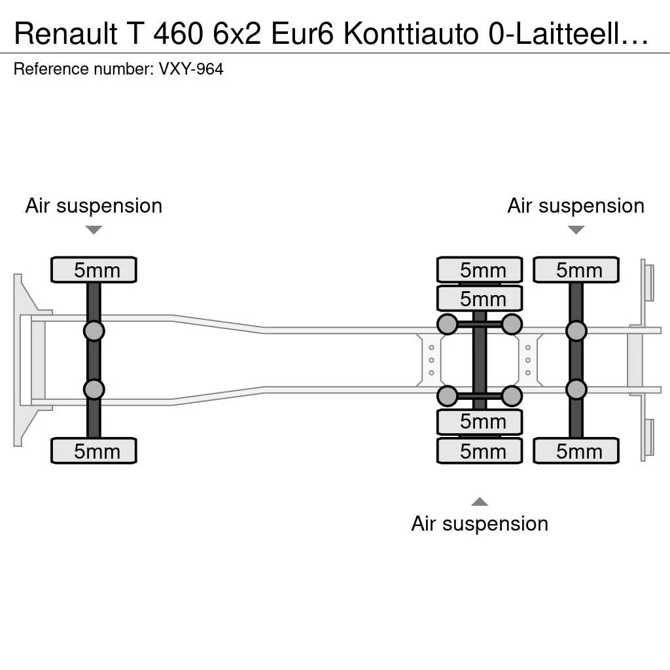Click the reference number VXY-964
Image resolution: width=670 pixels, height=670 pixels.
coord(191,69)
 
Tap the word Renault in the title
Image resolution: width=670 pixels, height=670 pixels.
coord(66,34)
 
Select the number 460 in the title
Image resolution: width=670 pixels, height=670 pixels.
coord(178,34)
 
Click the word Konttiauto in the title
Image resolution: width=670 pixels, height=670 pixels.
coord(411,34)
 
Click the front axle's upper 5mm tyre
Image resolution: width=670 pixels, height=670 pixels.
coord(94,270)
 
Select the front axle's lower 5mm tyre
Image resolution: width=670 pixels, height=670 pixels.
coord(94,451)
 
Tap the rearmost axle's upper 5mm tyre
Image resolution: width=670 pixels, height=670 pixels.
coord(576,270)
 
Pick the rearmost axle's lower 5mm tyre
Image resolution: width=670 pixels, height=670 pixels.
coord(576,451)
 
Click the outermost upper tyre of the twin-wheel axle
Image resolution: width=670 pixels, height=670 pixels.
coord(480,270)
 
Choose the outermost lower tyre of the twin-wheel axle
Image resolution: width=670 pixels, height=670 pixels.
coord(480,451)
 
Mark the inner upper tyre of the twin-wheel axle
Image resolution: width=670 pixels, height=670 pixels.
coord(480,298)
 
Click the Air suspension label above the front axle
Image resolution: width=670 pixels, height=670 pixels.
coord(94,206)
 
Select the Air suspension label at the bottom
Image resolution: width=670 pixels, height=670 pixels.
coord(480,524)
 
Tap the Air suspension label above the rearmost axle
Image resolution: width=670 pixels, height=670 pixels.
coord(576,206)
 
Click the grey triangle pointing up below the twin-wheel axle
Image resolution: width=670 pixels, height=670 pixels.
coord(480,502)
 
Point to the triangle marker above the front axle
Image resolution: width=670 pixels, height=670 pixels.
coord(94,230)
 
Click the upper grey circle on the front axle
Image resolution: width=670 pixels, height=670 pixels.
coord(94,330)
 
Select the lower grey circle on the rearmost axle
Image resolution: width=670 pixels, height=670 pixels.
coord(576,389)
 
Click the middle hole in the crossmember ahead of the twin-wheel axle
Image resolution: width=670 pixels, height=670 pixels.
coord(432,361)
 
